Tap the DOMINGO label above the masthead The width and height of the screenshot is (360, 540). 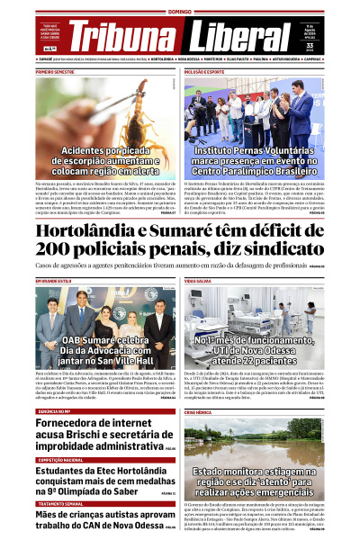[x=180, y=12]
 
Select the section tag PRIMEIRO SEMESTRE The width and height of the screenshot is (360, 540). [x=56, y=70]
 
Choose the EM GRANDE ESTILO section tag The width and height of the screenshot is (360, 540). [x=54, y=282]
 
